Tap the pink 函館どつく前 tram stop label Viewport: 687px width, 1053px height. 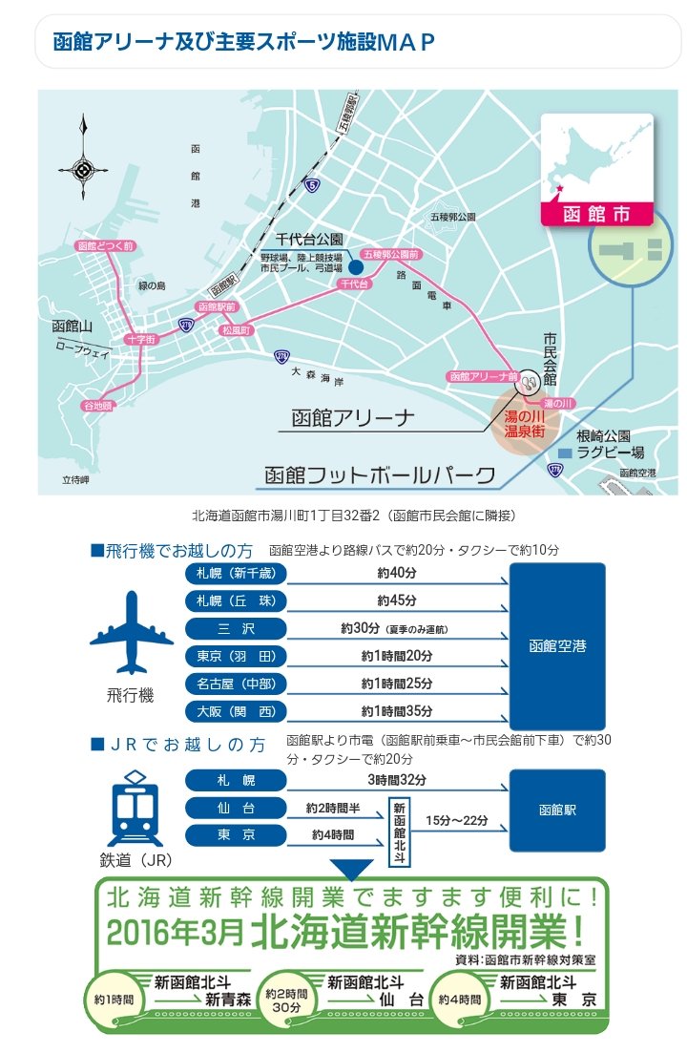point(105,246)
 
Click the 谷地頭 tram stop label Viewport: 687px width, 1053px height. point(96,406)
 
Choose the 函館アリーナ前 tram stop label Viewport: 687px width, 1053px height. point(482,377)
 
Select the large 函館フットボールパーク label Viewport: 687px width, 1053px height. point(380,474)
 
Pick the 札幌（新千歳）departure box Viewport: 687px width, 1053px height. point(235,575)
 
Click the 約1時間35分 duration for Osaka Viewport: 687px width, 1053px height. point(397,711)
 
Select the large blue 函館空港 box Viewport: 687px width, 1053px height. point(557,645)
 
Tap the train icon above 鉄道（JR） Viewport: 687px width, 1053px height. point(131,811)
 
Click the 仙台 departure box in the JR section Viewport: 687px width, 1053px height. point(235,808)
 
